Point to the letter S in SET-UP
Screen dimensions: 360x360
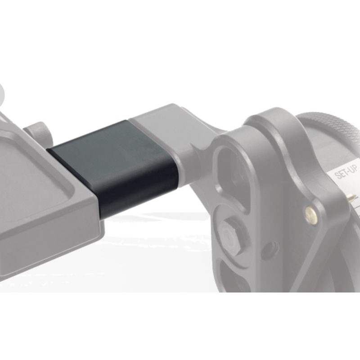[338, 175]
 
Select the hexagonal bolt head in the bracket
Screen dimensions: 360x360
[230, 237]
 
